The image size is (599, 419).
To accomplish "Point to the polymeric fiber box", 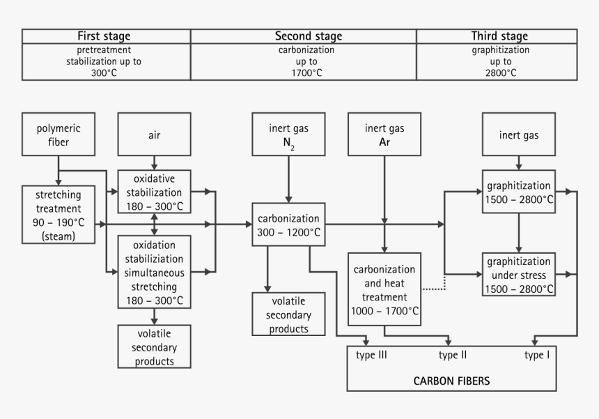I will (x=59, y=135).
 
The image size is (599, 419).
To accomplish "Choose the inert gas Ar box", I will (x=384, y=135).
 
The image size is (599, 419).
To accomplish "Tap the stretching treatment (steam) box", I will (x=59, y=213).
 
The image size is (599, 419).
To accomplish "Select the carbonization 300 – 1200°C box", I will (x=288, y=224).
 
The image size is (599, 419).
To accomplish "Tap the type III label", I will (x=371, y=355).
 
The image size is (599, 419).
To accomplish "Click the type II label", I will (x=453, y=355).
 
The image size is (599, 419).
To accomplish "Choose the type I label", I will (x=537, y=355).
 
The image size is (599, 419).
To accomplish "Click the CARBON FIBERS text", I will (x=451, y=381).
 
